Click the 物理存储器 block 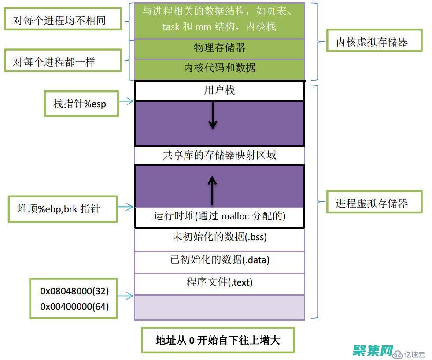click(219, 48)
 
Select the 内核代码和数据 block click(219, 68)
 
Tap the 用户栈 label click(219, 91)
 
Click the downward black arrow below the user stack click(213, 115)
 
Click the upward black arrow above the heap click(213, 189)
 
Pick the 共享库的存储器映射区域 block click(219, 155)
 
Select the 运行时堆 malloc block click(219, 216)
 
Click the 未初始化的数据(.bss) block click(219, 237)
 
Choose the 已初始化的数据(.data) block click(219, 260)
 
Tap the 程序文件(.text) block click(219, 282)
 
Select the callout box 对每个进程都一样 click(62, 61)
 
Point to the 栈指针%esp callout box click(81, 104)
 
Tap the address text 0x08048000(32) click(74, 291)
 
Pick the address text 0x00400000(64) click(74, 306)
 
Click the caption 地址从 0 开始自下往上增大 click(218, 340)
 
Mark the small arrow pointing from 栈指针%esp click(126, 102)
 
